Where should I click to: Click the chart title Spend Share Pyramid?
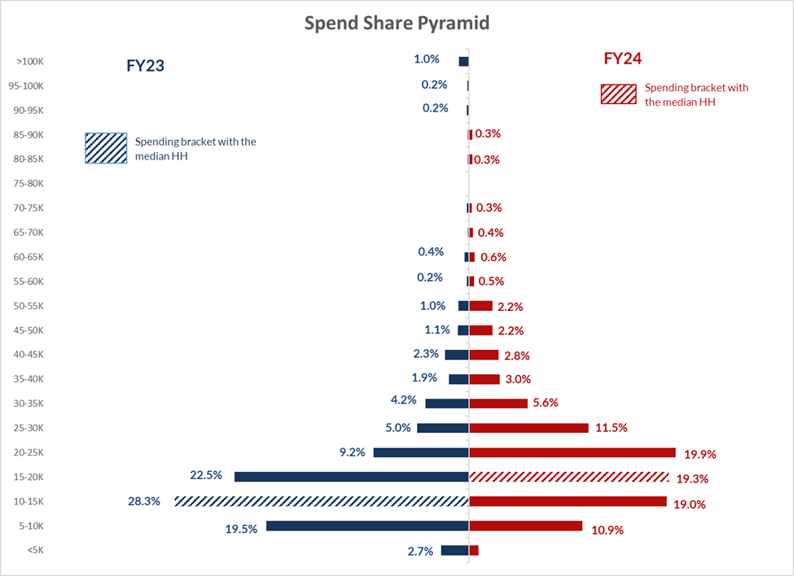(397, 23)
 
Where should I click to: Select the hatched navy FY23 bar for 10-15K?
(321, 501)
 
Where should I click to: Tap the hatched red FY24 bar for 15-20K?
(569, 477)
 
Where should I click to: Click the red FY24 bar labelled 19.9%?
(572, 452)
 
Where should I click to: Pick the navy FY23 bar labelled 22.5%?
(351, 477)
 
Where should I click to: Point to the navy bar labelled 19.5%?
(367, 526)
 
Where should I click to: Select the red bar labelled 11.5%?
(529, 428)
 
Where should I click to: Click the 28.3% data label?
(144, 501)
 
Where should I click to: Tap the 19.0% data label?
(689, 504)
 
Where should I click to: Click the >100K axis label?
(29, 62)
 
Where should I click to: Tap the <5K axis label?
(35, 550)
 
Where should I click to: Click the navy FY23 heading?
(145, 66)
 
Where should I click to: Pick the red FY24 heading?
(623, 59)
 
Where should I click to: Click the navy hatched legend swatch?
(106, 148)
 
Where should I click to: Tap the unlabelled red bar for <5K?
(474, 550)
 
